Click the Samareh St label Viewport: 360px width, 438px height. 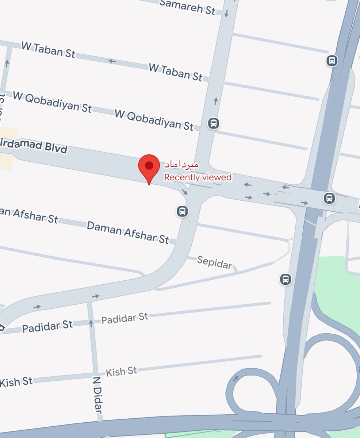coord(188,7)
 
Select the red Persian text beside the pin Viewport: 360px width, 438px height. coord(181,165)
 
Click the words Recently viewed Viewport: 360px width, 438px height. coord(198,177)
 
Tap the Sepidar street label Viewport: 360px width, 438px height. coord(214,262)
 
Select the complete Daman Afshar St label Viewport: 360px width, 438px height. coord(128,232)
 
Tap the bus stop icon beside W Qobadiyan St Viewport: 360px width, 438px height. coord(214,123)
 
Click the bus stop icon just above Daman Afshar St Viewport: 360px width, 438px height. coord(183,211)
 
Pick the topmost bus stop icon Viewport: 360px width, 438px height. coord(332,60)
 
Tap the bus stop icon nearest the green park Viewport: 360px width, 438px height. coord(286,280)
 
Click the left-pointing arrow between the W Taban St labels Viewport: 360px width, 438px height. coord(112,61)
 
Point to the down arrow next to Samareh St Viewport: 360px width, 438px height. coord(226,14)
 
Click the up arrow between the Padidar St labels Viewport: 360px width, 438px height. coord(91,322)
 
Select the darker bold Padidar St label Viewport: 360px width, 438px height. coord(47,326)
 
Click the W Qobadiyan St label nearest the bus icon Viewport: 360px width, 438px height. coord(154,119)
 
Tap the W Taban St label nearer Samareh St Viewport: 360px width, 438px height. coord(175,72)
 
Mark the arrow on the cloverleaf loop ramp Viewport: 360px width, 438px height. coord(236,378)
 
